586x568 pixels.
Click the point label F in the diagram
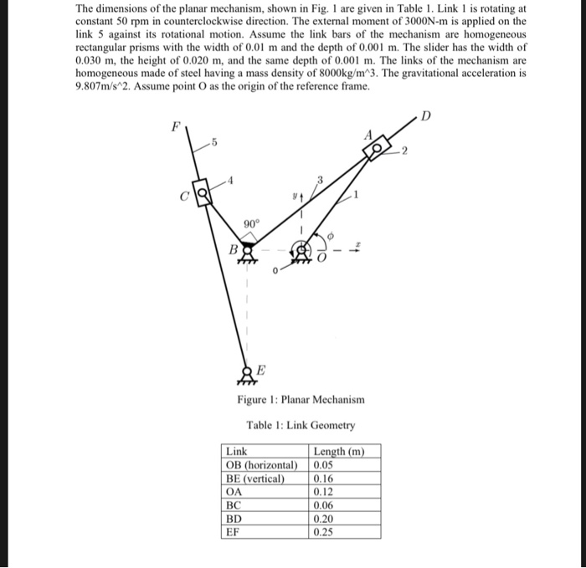point(175,128)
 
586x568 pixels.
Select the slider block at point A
point(374,150)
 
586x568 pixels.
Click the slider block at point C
point(200,197)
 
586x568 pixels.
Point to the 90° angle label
point(251,223)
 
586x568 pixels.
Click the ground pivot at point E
point(247,371)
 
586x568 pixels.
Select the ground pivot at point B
point(245,250)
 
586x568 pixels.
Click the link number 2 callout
point(404,151)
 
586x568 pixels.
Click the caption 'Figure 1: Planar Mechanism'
point(301,399)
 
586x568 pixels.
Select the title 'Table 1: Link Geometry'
point(301,425)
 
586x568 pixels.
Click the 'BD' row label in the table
point(235,518)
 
